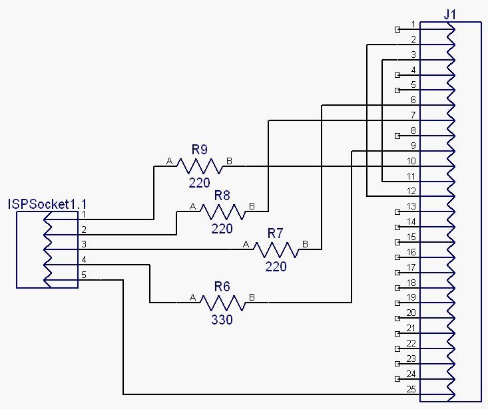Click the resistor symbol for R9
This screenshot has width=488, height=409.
pos(199,166)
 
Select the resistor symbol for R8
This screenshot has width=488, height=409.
pos(222,211)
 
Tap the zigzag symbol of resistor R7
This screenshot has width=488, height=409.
pos(276,249)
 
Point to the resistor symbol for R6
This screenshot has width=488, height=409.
pos(222,303)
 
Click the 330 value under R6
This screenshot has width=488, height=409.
pos(222,320)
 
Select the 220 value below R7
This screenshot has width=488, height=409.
pos(276,267)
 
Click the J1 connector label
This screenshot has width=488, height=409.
pos(451,14)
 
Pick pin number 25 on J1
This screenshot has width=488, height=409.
pos(411,389)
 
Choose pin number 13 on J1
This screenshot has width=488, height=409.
pos(411,206)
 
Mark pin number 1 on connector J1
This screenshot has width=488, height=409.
pos(413,24)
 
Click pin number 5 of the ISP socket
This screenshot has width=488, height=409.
pos(84,274)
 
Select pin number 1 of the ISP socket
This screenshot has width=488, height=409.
pos(84,214)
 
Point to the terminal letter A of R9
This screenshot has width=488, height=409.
pos(169,162)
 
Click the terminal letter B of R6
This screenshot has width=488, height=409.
pos(252,297)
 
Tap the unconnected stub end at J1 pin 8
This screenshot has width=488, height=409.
pos(398,136)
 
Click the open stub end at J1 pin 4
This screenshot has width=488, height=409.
pos(398,74)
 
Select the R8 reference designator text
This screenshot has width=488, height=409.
pos(222,196)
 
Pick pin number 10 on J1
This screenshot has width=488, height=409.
pos(411,161)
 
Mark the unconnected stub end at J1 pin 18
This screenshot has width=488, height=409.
pos(398,287)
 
